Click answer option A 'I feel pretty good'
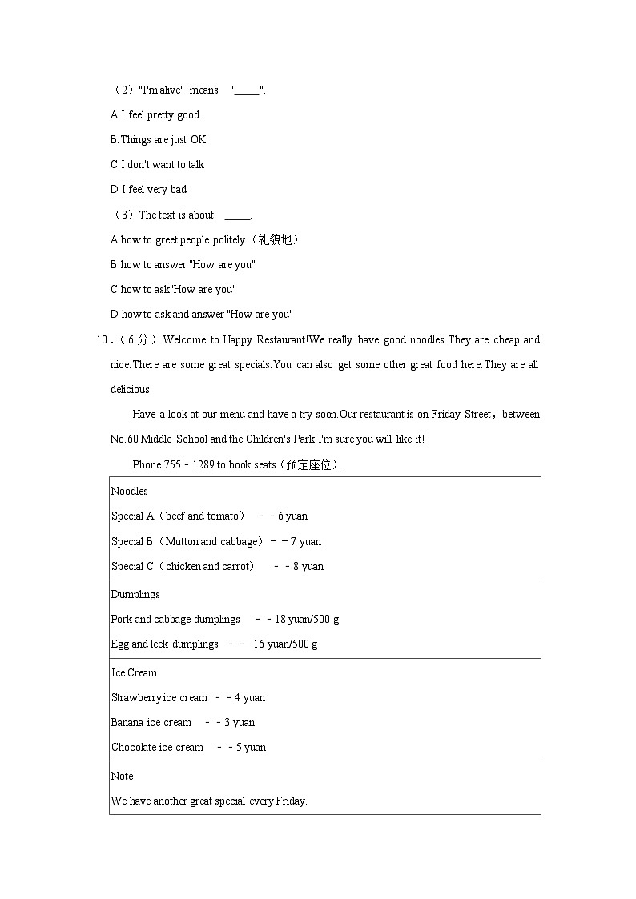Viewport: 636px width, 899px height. [x=155, y=114]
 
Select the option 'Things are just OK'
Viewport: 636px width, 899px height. [x=158, y=139]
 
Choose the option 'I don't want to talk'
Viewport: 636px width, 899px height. [x=157, y=164]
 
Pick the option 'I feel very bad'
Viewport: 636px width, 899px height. [x=148, y=189]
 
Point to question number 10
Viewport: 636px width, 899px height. [x=103, y=339]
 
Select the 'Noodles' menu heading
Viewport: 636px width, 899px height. [x=129, y=491]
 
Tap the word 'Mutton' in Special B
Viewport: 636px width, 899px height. [x=183, y=541]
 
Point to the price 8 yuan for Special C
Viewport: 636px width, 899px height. [x=308, y=566]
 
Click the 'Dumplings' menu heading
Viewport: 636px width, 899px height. [x=135, y=594]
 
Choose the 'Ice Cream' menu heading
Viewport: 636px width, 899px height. [x=134, y=672]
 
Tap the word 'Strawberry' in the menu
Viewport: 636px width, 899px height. [x=136, y=697]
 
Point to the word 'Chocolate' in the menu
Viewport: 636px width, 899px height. [x=134, y=747]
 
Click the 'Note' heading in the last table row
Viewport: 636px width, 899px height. [x=122, y=776]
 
